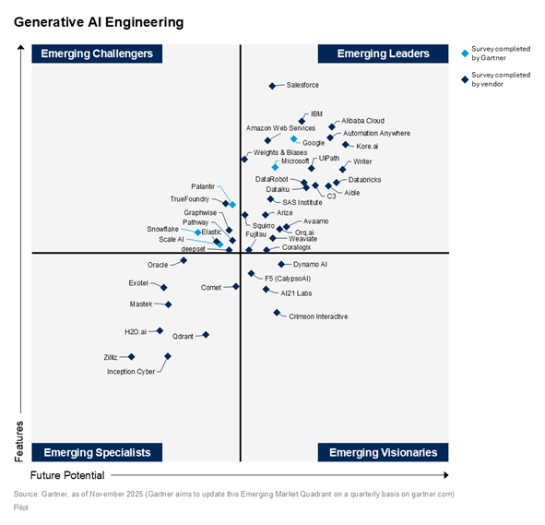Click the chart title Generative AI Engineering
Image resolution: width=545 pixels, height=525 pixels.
(x=98, y=21)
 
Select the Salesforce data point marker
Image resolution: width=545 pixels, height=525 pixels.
(x=272, y=86)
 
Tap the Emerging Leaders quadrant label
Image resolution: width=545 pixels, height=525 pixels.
(x=384, y=54)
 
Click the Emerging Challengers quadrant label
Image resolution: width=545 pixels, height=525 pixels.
(x=98, y=54)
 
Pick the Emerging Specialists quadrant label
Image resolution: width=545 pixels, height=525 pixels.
(x=98, y=452)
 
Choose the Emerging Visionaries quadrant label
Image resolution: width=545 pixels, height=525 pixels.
(x=384, y=452)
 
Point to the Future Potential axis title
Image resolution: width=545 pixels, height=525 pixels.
(x=67, y=475)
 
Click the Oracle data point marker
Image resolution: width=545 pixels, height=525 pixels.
(x=184, y=261)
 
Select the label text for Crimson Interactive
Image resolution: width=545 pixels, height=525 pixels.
(x=318, y=316)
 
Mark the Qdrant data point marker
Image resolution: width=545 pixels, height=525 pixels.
(x=206, y=335)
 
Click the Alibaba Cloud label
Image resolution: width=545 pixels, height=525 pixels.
(x=362, y=121)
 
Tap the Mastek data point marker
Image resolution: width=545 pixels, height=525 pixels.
(x=168, y=304)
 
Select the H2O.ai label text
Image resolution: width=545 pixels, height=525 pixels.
(x=136, y=331)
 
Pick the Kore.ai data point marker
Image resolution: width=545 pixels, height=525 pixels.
(x=346, y=145)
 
